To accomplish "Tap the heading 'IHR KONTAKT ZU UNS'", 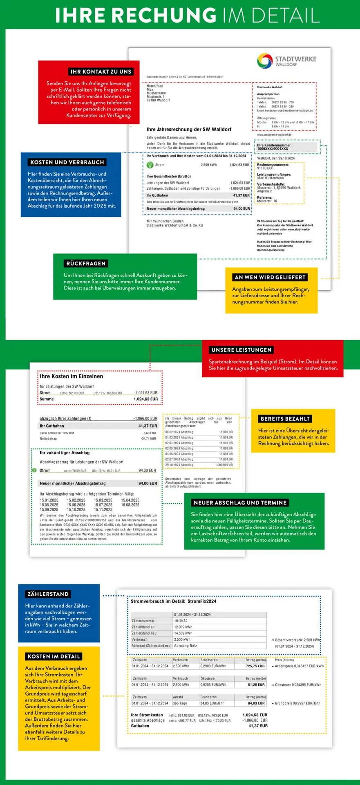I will pos(101,72).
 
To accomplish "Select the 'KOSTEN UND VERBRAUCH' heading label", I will pos(67,162).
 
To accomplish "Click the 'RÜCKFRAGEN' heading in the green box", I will pos(86,264).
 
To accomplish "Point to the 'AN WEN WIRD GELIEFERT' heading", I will pos(270,277).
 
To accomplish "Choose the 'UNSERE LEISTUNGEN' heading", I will pos(241,350).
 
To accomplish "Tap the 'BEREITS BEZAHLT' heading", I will pos(285,419).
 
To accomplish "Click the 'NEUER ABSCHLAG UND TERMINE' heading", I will pos(240,503).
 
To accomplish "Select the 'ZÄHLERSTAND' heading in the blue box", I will pos(48,594).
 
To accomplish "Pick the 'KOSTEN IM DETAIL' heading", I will pos(54,657).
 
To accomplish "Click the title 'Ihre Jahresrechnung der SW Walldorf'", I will pos(189,130).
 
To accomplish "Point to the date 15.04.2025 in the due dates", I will pos(130,500).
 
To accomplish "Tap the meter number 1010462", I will pos(181,621).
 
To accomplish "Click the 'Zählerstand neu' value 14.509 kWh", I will pos(183,633).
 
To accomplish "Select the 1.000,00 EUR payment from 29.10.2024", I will pos(224,465).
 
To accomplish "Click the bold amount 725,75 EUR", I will pos(255,666).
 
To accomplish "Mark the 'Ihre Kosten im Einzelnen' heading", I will pos(71,377).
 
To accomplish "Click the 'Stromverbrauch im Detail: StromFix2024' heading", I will pos(173,601).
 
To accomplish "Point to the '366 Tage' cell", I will pos(180,703).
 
